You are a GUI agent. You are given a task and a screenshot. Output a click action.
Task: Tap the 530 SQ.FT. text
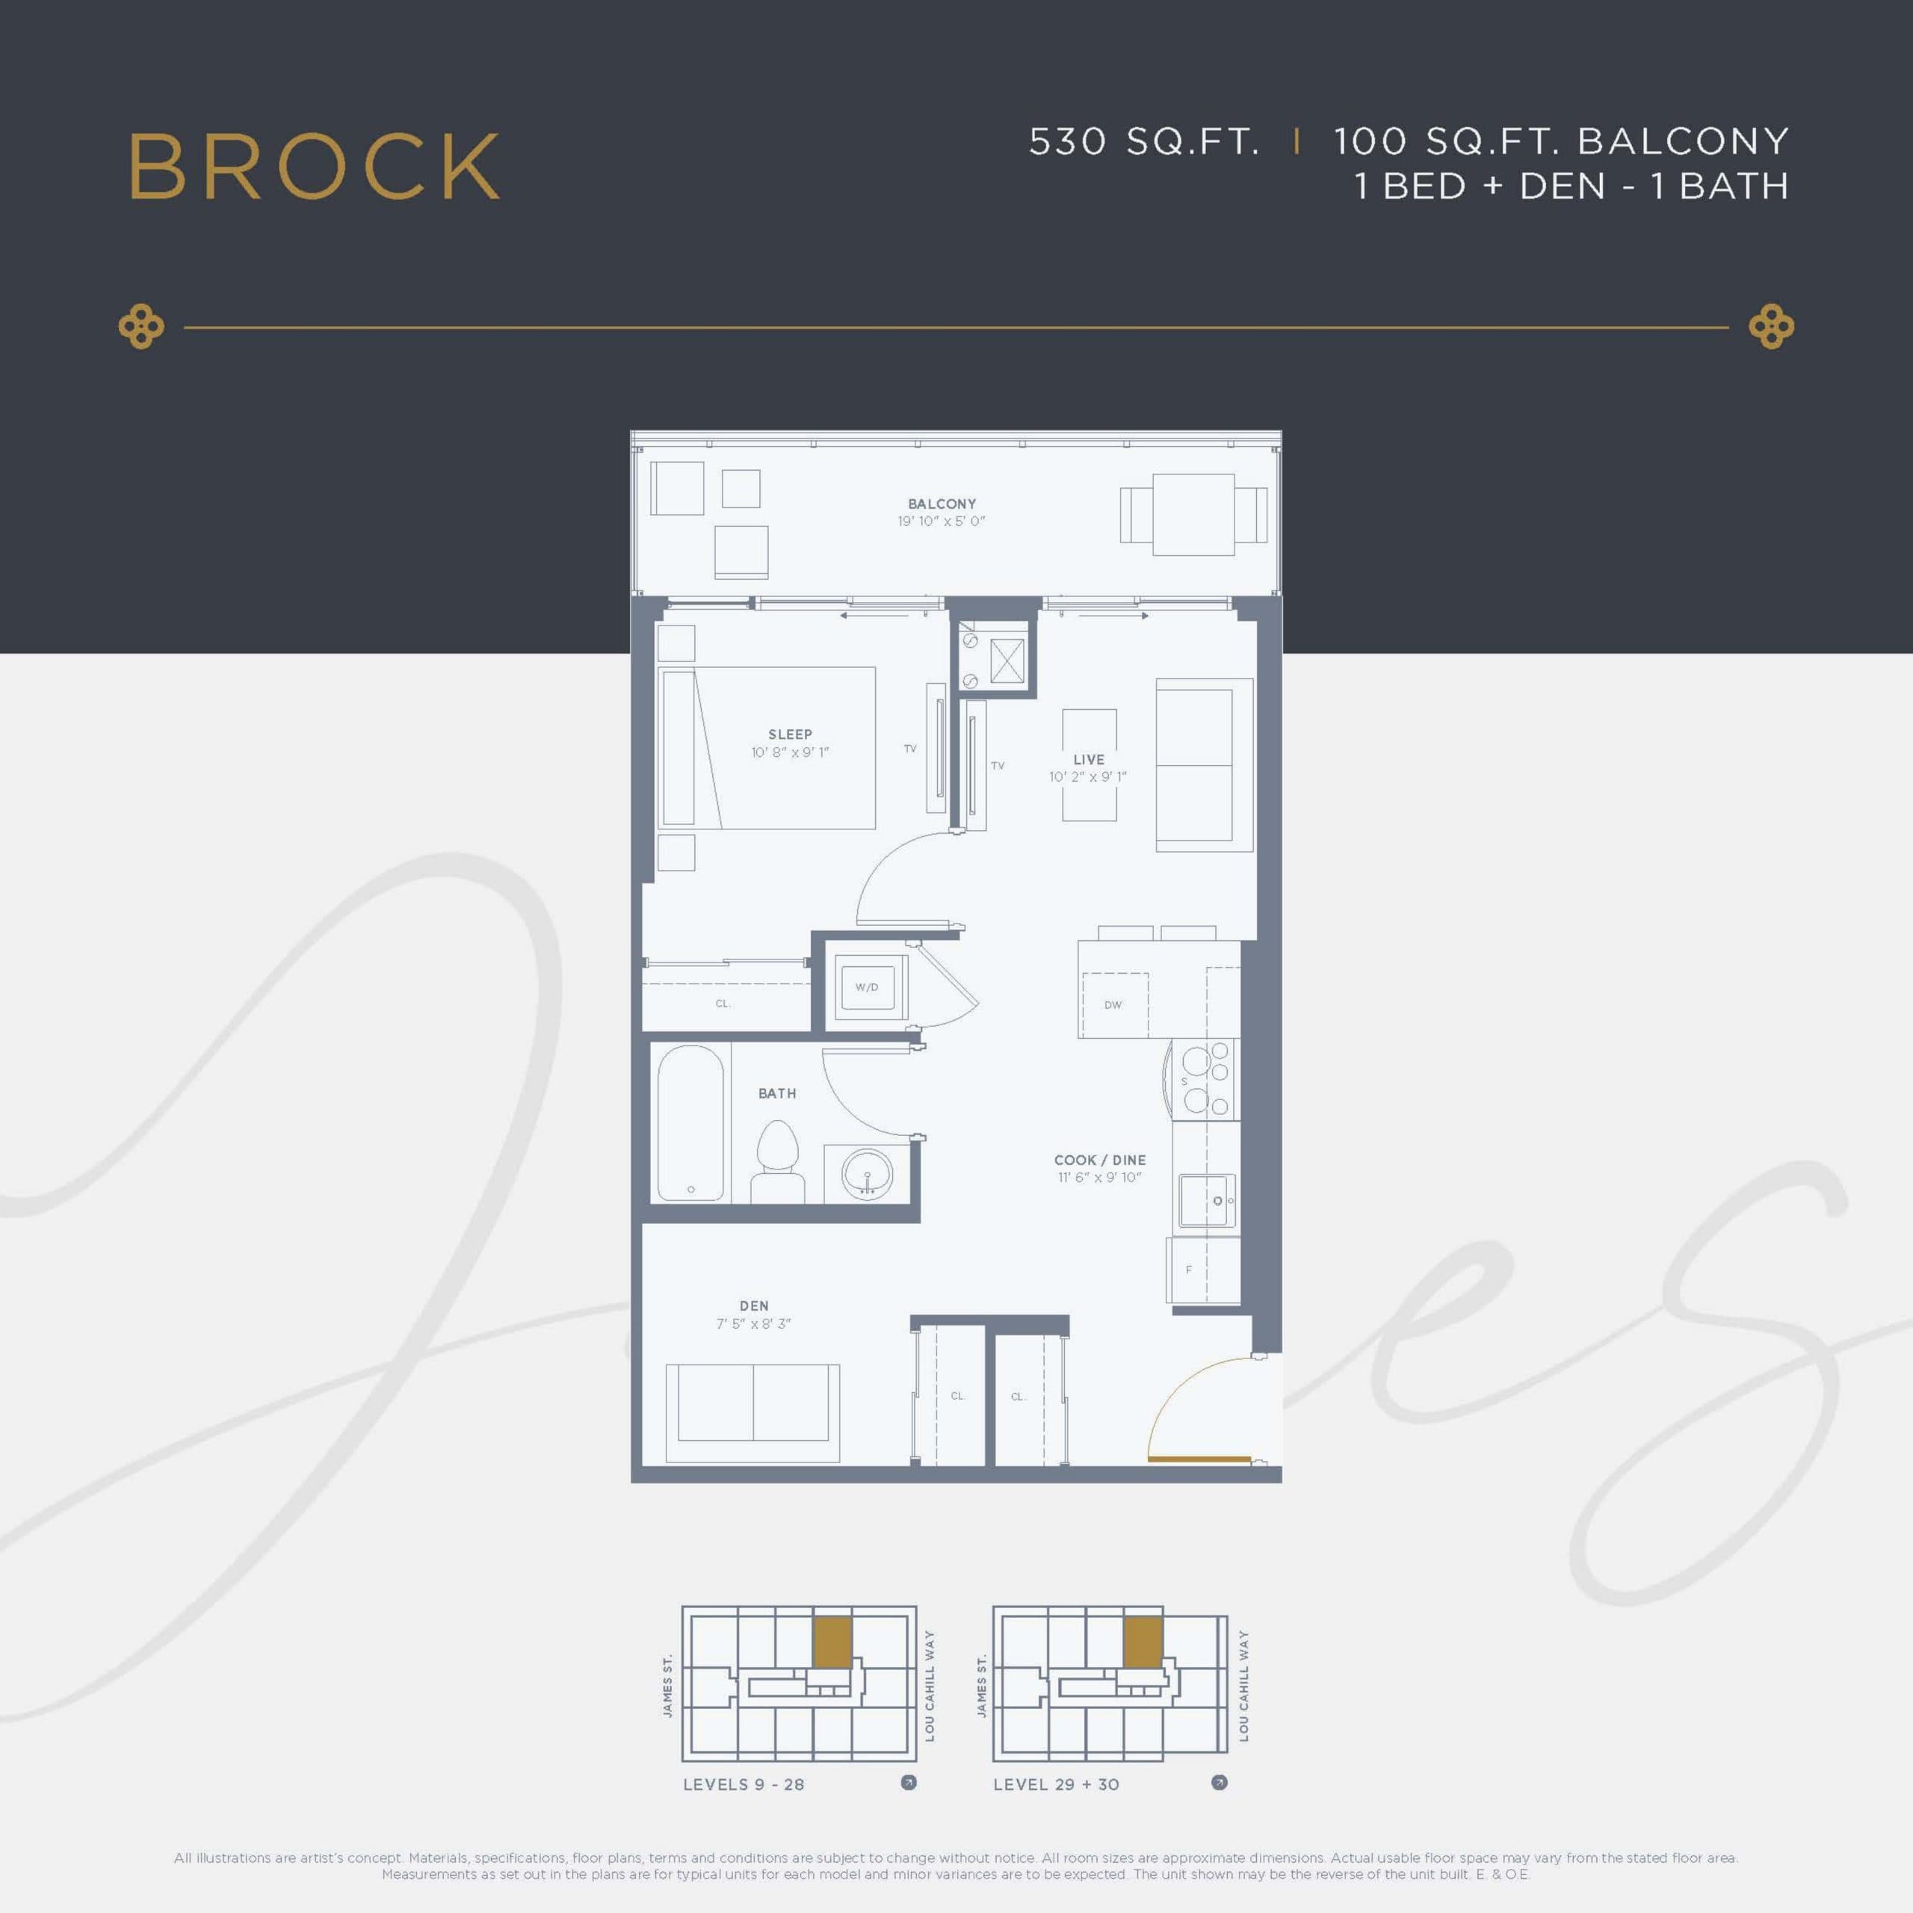pos(1143,141)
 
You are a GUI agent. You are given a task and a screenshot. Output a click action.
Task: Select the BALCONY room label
pos(942,503)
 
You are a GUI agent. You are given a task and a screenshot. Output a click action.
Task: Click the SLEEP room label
pos(789,734)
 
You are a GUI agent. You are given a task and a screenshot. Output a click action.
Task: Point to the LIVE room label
pos(1088,758)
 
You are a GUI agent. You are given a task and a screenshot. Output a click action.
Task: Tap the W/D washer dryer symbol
pos(866,987)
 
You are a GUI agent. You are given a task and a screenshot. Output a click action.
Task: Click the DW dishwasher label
pos(1113,1004)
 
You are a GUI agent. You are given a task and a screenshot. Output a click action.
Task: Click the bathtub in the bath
pos(690,1123)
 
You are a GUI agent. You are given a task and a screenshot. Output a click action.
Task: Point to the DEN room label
pos(753,1305)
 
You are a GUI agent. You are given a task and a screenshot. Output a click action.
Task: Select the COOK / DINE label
pos(1099,1160)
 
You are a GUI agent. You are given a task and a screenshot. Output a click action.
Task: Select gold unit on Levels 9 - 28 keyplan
pos(832,1642)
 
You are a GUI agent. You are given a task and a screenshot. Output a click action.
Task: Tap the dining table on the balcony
pos(1193,515)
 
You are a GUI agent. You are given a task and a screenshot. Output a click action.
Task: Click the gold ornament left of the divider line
pos(140,327)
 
